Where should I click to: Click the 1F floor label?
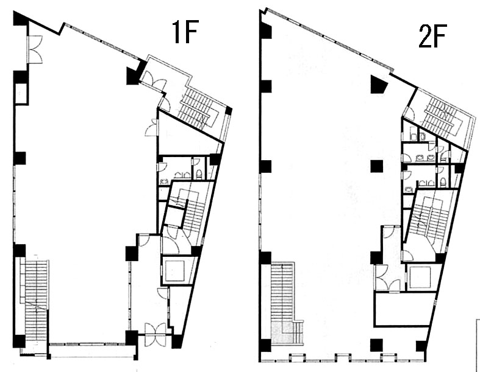click(185, 32)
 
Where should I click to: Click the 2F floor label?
click(432, 36)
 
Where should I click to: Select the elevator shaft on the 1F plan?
click(177, 271)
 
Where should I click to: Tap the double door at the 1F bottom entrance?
click(156, 335)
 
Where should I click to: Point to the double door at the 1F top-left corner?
click(34, 49)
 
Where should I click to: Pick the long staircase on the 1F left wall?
click(36, 301)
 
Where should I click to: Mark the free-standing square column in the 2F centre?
click(377, 167)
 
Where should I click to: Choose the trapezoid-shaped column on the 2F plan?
click(379, 84)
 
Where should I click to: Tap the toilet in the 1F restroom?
click(199, 174)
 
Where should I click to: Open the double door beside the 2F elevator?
click(387, 278)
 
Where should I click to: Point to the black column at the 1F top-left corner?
click(21, 18)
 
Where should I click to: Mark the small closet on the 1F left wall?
click(21, 93)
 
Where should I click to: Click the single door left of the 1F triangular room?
click(152, 127)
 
